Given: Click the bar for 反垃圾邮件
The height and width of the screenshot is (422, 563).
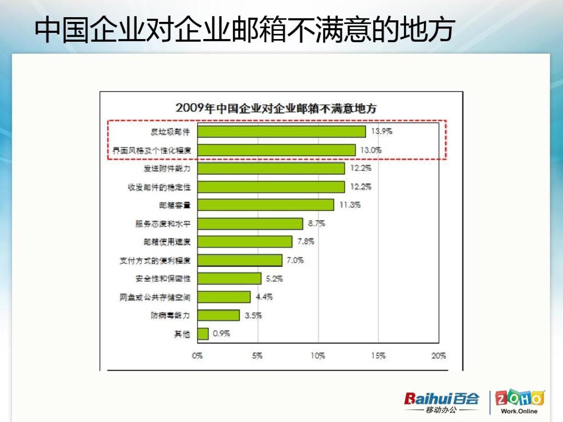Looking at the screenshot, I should click(281, 132).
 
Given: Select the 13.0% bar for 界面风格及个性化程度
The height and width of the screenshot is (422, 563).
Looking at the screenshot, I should click(276, 150).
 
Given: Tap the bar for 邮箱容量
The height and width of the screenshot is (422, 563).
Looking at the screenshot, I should click(265, 205).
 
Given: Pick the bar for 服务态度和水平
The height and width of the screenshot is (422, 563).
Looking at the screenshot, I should click(250, 224).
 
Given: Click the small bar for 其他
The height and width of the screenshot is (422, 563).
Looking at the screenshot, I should click(203, 334).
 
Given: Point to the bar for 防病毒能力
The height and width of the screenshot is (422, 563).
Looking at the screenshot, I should click(218, 315).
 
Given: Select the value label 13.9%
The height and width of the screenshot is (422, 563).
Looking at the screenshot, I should click(382, 131).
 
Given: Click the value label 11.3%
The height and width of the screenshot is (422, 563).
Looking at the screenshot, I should click(350, 205).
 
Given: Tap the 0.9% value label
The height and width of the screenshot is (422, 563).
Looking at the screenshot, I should click(221, 334).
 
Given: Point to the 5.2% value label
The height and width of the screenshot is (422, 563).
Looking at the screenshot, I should click(274, 279).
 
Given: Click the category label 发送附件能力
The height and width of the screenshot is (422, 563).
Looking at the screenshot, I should click(167, 168).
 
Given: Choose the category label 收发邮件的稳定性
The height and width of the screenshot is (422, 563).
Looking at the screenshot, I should click(159, 187).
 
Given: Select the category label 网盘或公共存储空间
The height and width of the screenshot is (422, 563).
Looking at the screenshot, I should click(155, 297).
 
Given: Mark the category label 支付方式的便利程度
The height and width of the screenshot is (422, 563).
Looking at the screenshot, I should click(155, 261).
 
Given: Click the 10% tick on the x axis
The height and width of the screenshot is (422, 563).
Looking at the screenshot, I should click(318, 356).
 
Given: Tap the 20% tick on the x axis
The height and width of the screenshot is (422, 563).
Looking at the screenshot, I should click(439, 356).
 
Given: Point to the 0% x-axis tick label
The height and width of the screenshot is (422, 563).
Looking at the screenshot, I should click(197, 356).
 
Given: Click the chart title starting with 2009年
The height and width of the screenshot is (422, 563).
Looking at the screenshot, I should click(276, 108).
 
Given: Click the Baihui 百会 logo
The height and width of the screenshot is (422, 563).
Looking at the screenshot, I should click(442, 402).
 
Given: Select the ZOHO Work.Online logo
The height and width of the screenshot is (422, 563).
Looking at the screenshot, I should click(519, 402).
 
